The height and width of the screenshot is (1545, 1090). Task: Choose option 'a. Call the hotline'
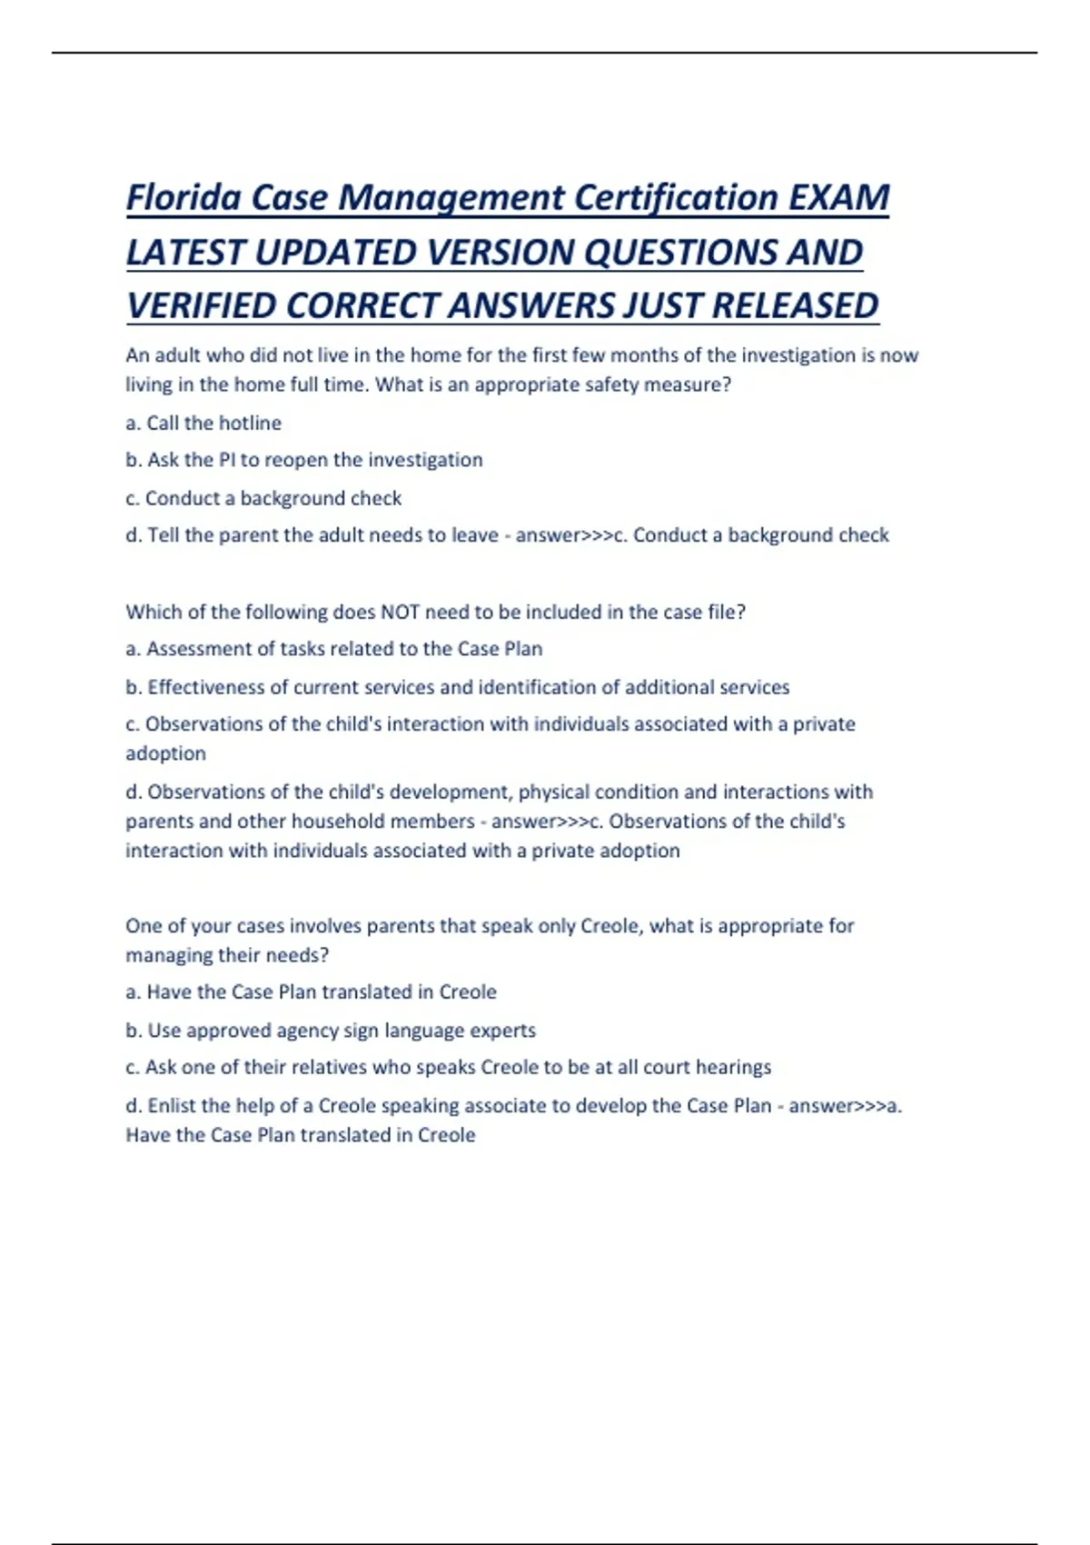pos(203,423)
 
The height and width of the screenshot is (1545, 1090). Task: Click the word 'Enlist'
pos(173,1106)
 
